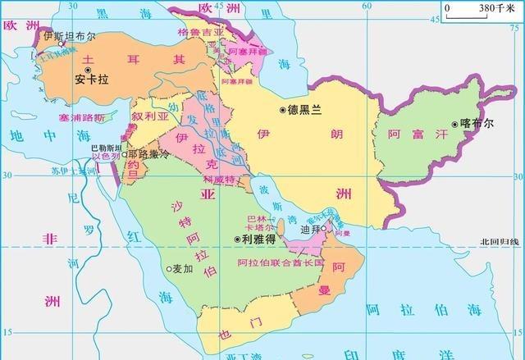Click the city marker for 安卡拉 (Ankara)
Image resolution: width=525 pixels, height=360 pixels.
tap(79, 70)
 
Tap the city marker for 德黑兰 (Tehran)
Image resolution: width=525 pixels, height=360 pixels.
tap(283, 109)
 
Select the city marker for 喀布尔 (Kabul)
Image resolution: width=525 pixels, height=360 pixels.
tap(454, 125)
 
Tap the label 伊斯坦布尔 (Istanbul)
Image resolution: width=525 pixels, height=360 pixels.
tap(70, 38)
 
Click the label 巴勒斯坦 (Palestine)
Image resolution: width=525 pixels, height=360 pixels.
tap(106, 147)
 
